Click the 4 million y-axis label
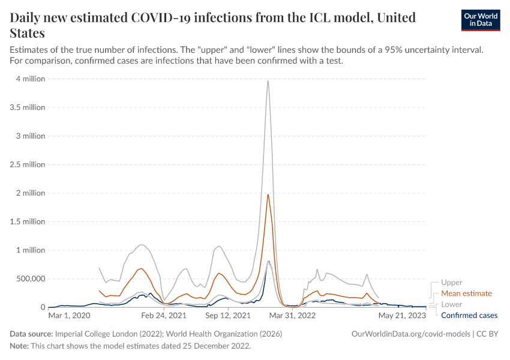point(29,79)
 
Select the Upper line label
point(452,283)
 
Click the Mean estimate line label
point(466,293)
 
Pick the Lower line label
point(452,304)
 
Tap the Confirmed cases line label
point(469,315)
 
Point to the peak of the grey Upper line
point(268,81)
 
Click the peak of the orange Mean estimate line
point(268,194)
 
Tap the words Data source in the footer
point(31,334)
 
